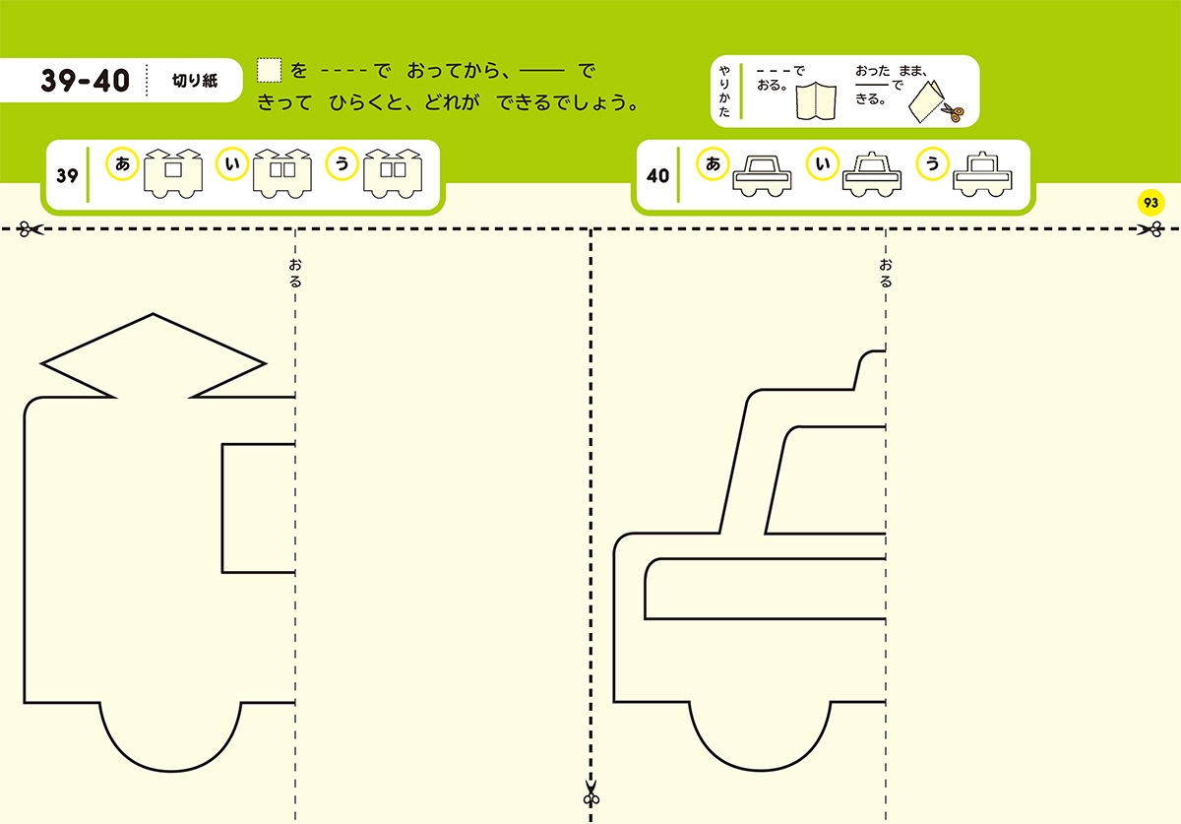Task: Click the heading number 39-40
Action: pyautogui.click(x=86, y=81)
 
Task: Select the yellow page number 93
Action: pyautogui.click(x=1150, y=203)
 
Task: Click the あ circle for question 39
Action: pyautogui.click(x=123, y=165)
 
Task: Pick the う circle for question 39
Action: pyautogui.click(x=342, y=165)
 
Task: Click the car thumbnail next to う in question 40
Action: pyautogui.click(x=981, y=174)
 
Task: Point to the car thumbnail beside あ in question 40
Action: pyautogui.click(x=762, y=174)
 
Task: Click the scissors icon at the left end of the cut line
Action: pyautogui.click(x=31, y=229)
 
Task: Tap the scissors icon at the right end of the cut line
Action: pyautogui.click(x=1149, y=229)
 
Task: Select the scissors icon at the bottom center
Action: pyautogui.click(x=590, y=792)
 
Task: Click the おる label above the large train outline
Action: pyautogui.click(x=295, y=273)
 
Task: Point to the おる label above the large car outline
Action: pyautogui.click(x=886, y=273)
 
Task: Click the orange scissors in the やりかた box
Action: pyautogui.click(x=950, y=112)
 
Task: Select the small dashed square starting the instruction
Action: pyautogui.click(x=269, y=70)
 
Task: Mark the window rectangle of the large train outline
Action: pyautogui.click(x=258, y=508)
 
